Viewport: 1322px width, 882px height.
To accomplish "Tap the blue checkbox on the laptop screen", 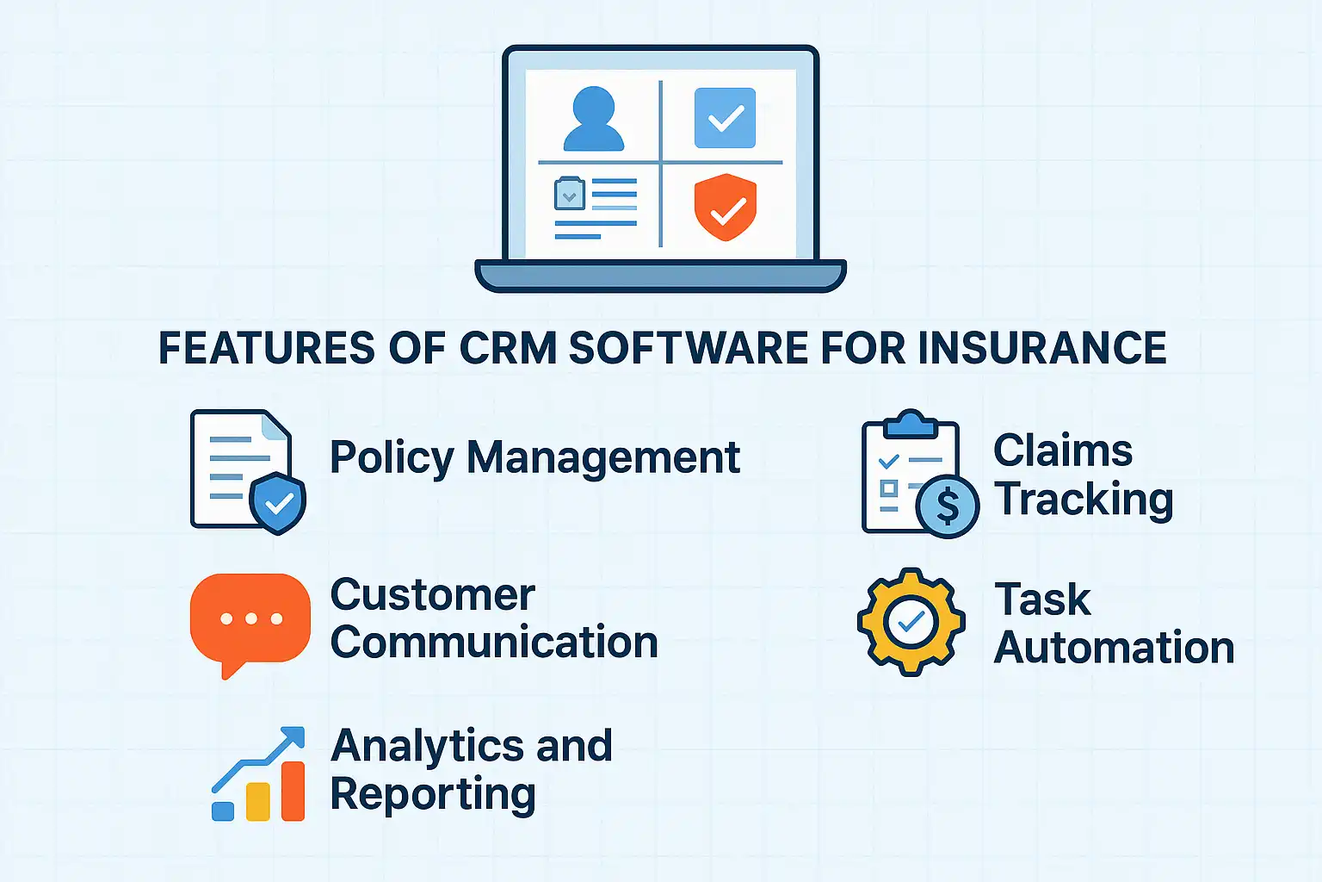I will point(725,118).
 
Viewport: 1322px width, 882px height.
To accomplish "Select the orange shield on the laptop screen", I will point(725,208).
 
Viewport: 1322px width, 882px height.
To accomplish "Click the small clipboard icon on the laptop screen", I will point(569,194).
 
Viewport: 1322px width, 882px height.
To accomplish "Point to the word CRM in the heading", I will point(507,348).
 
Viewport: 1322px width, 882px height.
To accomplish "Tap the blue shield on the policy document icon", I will point(278,502).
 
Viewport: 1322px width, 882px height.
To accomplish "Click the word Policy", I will point(392,457).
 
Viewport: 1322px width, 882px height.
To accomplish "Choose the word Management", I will point(602,457).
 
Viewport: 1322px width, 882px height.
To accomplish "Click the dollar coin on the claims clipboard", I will point(947,506).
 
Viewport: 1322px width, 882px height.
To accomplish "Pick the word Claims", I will point(1063,450).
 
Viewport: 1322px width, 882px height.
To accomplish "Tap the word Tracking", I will point(1084,500).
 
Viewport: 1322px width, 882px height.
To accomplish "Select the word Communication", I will point(494,643).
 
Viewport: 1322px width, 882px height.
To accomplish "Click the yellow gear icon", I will point(911,621).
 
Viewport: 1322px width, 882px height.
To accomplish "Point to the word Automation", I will point(1114,648).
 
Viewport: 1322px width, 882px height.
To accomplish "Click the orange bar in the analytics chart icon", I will point(293,791).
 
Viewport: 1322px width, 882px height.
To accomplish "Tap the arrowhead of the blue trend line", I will point(294,737).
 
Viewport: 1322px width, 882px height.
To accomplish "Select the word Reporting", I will point(433,794).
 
